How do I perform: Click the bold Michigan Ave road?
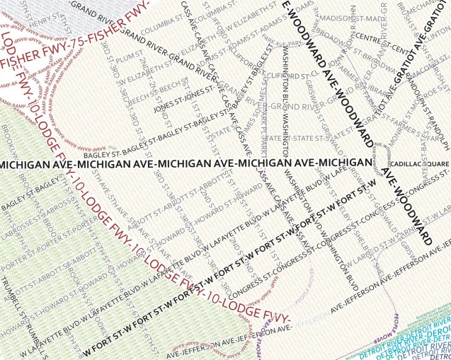[184, 164]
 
